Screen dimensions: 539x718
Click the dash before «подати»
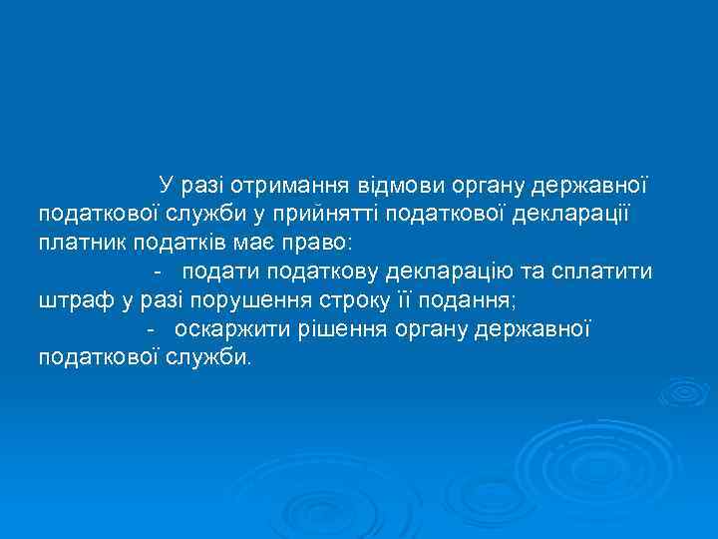(x=158, y=271)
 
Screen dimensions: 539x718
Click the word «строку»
(x=333, y=299)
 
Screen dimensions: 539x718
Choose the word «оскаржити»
(x=223, y=328)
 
